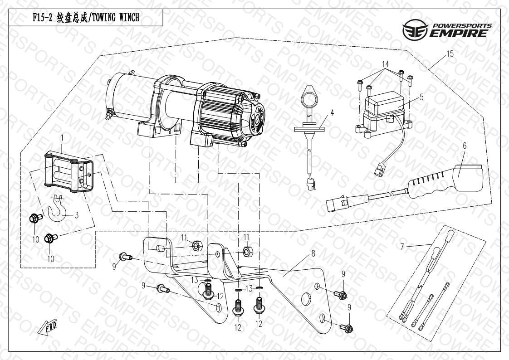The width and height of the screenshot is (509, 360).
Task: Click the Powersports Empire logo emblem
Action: (x=415, y=29)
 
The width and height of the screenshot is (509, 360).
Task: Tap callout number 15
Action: (x=450, y=54)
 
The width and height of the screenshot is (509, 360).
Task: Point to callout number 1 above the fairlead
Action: (x=62, y=138)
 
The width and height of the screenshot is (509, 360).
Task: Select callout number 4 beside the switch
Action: (x=332, y=113)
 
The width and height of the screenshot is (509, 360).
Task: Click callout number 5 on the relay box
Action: (x=422, y=97)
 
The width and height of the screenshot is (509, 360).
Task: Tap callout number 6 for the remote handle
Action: (x=465, y=146)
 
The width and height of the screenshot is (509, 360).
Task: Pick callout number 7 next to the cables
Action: (x=402, y=247)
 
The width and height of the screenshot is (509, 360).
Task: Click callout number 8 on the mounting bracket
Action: (x=313, y=253)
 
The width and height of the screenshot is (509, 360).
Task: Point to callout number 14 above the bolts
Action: (x=385, y=63)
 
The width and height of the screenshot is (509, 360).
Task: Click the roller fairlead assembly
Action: (x=69, y=172)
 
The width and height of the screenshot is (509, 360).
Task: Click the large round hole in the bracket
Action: (x=305, y=300)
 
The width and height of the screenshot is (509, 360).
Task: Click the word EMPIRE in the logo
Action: (x=458, y=33)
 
